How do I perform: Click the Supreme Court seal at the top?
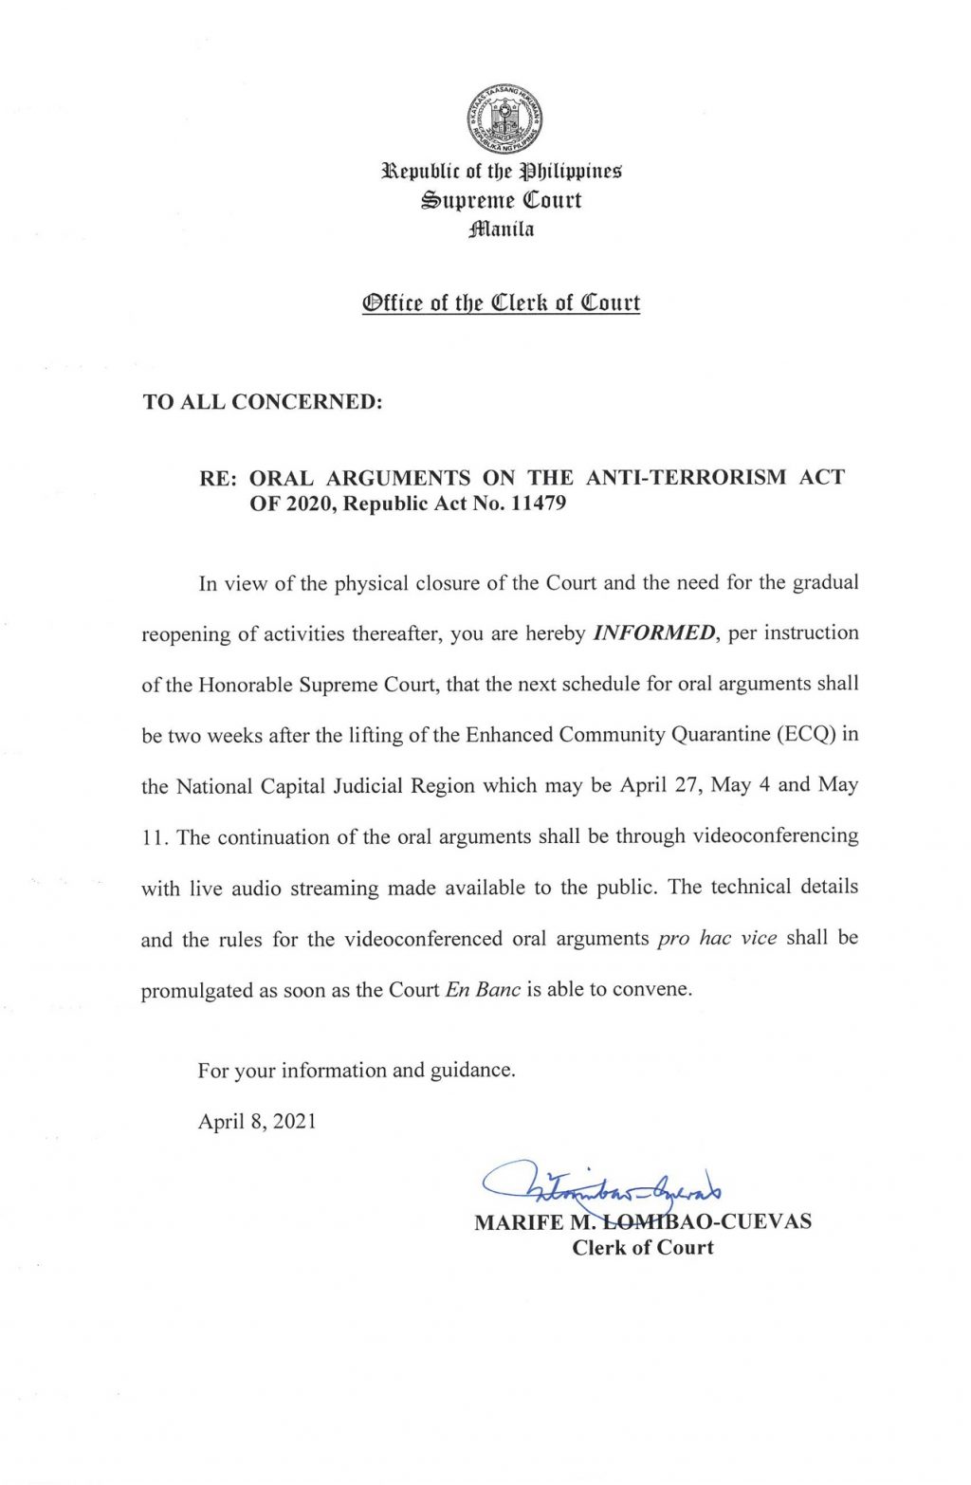[x=504, y=119]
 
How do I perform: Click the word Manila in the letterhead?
[x=502, y=229]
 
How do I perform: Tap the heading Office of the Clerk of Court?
[x=501, y=303]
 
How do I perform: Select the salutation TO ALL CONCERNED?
[x=263, y=401]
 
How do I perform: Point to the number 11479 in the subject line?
[x=538, y=504]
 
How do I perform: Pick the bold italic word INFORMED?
[x=654, y=633]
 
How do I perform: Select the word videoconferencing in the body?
[x=776, y=836]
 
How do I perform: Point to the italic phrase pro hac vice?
[x=717, y=938]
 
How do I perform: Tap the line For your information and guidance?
[x=357, y=1071]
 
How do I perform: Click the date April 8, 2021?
[x=257, y=1122]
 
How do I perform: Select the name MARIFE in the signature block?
[x=519, y=1222]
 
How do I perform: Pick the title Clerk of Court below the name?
[x=642, y=1248]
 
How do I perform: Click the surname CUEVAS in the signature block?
[x=768, y=1222]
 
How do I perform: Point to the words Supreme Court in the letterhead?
[x=502, y=201]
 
